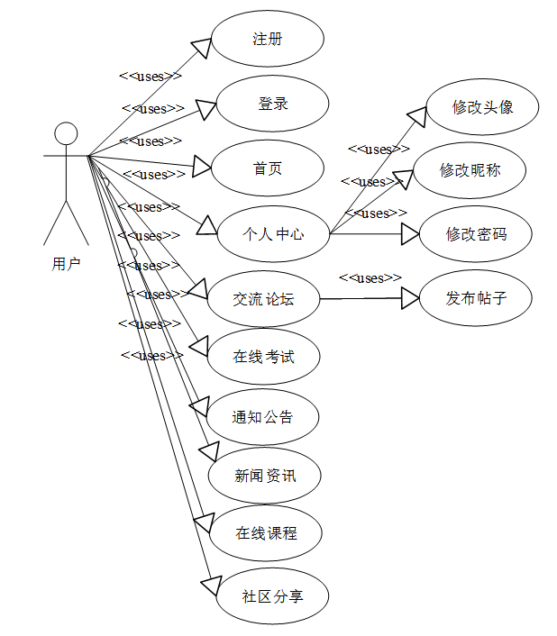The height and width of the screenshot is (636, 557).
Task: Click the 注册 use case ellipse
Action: tap(267, 39)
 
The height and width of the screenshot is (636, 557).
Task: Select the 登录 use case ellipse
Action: tap(272, 104)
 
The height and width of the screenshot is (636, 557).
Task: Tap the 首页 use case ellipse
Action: tap(268, 168)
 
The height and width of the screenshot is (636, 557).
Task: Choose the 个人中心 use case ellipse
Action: tap(274, 234)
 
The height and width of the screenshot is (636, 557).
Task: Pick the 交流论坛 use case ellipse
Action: tap(263, 299)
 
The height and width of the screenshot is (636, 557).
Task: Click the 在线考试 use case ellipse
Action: tap(264, 357)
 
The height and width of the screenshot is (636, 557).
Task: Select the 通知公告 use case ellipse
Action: tap(262, 417)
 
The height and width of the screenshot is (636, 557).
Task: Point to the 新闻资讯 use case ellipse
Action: tap(265, 476)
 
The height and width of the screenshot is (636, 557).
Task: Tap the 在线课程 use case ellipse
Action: tap(267, 533)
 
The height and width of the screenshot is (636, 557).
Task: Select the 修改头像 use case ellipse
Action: tap(483, 107)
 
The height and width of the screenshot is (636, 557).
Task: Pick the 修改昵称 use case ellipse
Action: tap(470, 169)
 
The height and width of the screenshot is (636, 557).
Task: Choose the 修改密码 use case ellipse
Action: tap(477, 234)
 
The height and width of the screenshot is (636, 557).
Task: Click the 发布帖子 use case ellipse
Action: tap(477, 298)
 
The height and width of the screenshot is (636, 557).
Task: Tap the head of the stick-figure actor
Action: tap(66, 133)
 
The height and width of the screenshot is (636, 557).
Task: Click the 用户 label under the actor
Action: tap(66, 264)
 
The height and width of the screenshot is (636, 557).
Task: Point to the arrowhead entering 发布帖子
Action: tap(410, 298)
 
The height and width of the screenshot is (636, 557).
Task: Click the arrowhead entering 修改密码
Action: tap(410, 234)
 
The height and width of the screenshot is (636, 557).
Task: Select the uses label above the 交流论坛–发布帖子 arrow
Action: tap(370, 278)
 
